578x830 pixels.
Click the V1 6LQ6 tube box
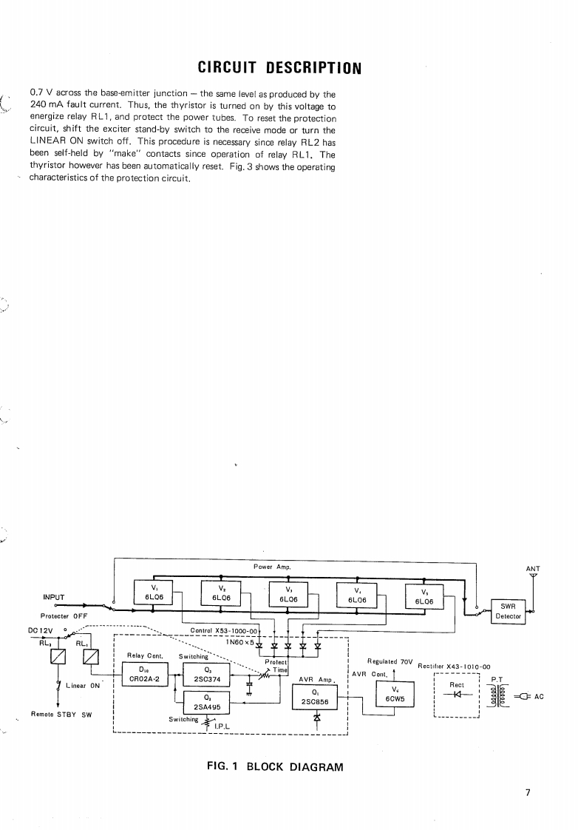[153, 593]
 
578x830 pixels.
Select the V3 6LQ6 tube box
[288, 596]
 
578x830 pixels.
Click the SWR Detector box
[508, 611]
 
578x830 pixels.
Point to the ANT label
[533, 570]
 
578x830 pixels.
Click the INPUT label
[55, 597]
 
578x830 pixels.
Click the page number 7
[528, 792]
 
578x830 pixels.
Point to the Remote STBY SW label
[60, 714]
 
